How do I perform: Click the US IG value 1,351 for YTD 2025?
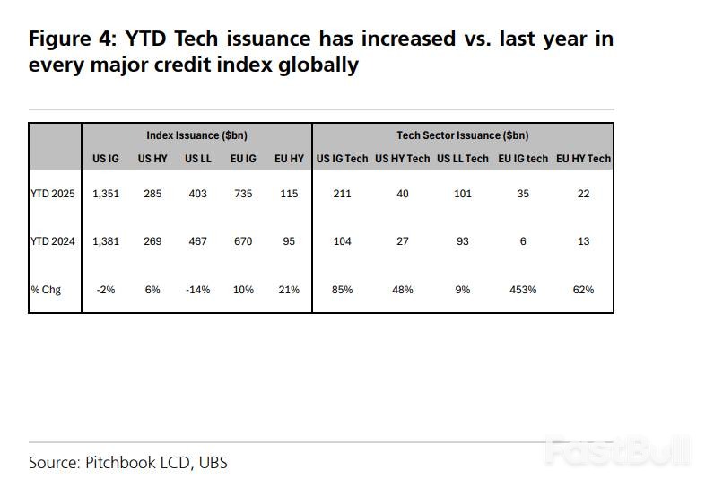pos(106,194)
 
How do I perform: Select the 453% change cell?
pos(523,290)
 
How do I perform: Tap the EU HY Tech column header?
pos(583,159)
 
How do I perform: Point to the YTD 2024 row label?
pos(52,241)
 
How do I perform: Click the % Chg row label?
pos(46,290)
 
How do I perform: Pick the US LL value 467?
pos(196,241)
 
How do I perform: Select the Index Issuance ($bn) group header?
pos(196,135)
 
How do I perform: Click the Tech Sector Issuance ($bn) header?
pos(462,135)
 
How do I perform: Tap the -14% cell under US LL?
pos(196,290)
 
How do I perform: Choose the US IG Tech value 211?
pos(342,194)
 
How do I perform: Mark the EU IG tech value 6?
pos(523,241)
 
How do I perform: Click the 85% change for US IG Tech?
pos(342,290)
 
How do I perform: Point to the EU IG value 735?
pos(243,194)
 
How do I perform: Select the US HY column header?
pos(151,159)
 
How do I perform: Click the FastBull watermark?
pos(618,451)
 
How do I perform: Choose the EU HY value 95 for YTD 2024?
pos(288,241)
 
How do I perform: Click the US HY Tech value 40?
pos(402,194)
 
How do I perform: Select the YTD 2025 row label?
pos(52,194)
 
